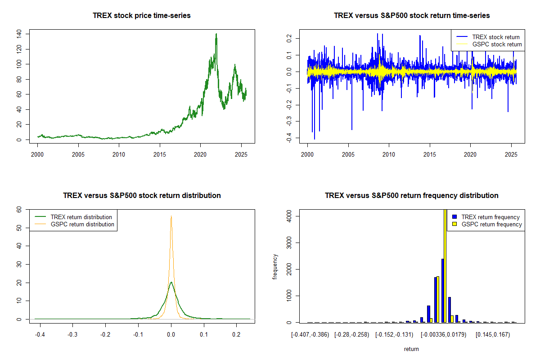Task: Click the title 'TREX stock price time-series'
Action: click(142, 16)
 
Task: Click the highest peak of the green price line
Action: click(216, 34)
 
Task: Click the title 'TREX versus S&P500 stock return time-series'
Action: click(412, 16)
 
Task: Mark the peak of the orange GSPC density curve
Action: click(171, 216)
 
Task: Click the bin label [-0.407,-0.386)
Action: click(310, 335)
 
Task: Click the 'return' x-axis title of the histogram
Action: click(411, 349)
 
